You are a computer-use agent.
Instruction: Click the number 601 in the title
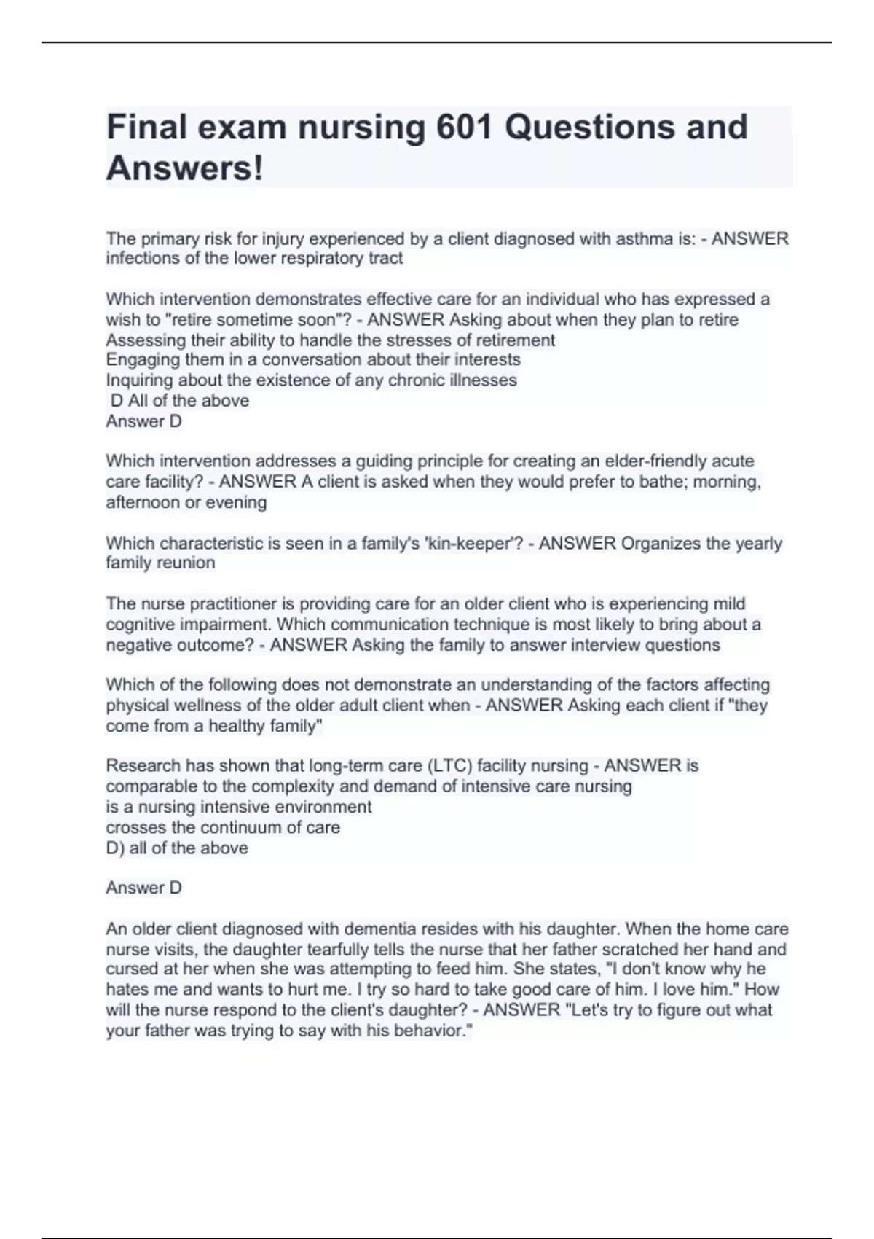tap(463, 127)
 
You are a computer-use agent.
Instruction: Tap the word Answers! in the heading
tap(185, 168)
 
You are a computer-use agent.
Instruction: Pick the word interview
tap(605, 645)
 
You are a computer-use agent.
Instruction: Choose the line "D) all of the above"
tap(177, 848)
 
